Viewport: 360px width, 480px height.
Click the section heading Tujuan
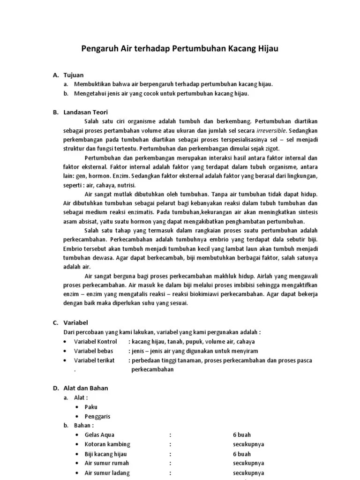[x=74, y=75]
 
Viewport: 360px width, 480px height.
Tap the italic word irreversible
[x=272, y=131]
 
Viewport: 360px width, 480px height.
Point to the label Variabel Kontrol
[x=95, y=341]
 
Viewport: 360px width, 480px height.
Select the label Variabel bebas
[x=93, y=351]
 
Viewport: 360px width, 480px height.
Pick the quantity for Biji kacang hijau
[x=241, y=454]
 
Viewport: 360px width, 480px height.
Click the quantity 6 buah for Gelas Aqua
[x=241, y=435]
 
